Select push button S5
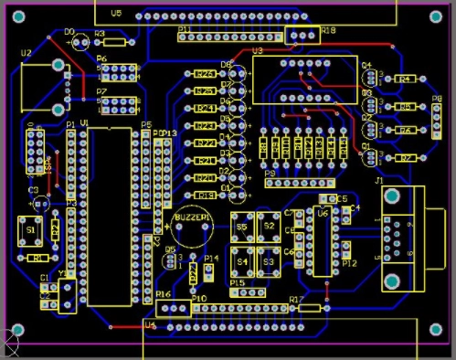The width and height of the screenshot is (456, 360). [x=243, y=226]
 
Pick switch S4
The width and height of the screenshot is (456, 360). [x=243, y=260]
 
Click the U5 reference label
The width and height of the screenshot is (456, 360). [x=115, y=14]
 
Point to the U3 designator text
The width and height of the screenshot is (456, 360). [x=257, y=51]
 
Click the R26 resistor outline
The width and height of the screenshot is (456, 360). [x=206, y=74]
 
